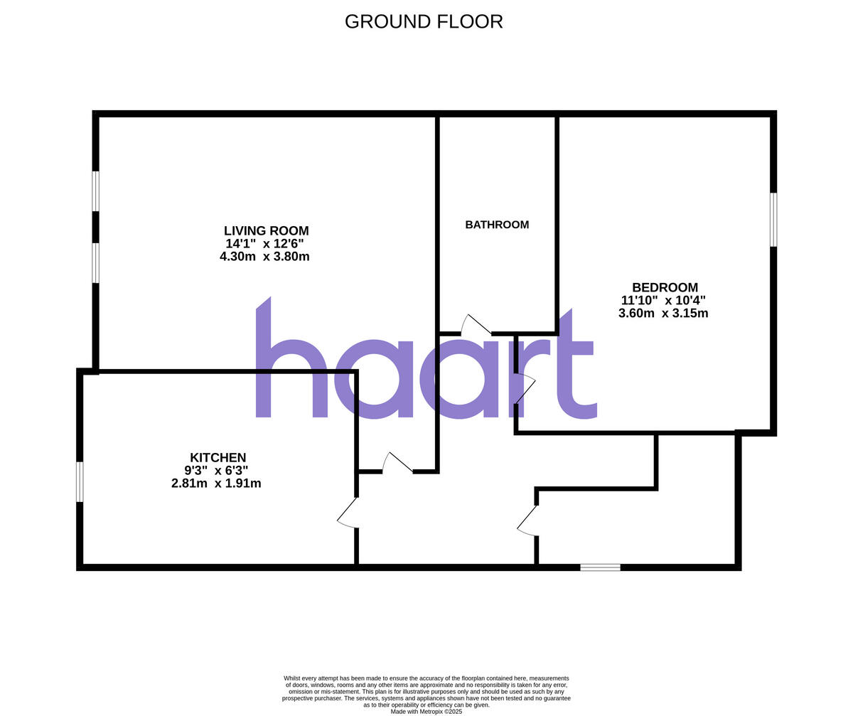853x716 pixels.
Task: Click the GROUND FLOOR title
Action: pyautogui.click(x=424, y=21)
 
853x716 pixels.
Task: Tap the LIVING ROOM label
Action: pyautogui.click(x=266, y=231)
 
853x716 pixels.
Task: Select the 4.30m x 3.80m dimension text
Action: pyautogui.click(x=264, y=257)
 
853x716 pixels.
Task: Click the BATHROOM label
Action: pyautogui.click(x=497, y=225)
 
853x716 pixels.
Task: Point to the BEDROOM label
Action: pyautogui.click(x=665, y=287)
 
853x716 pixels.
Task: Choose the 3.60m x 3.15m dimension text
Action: pyautogui.click(x=663, y=313)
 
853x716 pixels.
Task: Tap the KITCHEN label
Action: pyautogui.click(x=218, y=458)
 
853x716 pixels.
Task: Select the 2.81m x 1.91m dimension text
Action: pyautogui.click(x=216, y=483)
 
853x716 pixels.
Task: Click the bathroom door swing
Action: pyautogui.click(x=475, y=325)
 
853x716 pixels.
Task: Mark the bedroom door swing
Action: pyautogui.click(x=525, y=389)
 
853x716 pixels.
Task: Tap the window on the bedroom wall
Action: pyautogui.click(x=773, y=220)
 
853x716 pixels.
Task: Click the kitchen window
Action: pyautogui.click(x=80, y=481)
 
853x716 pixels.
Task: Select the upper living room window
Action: pyautogui.click(x=95, y=191)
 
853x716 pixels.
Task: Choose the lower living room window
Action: pyautogui.click(x=95, y=263)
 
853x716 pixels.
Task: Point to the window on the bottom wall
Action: pyautogui.click(x=600, y=567)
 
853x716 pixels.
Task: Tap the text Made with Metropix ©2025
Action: pyautogui.click(x=426, y=711)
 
